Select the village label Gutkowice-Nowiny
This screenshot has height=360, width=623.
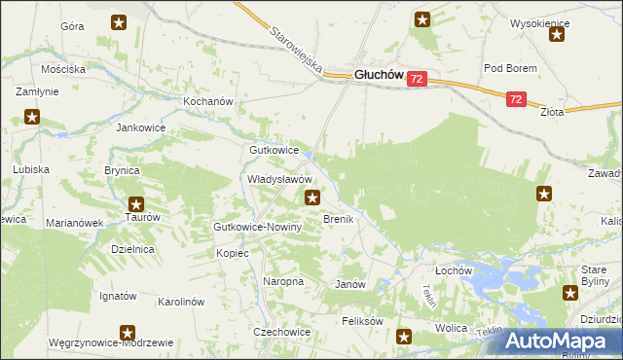pyautogui.click(x=258, y=227)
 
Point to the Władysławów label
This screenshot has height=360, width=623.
pyautogui.click(x=278, y=180)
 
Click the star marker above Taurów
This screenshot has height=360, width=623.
pyautogui.click(x=136, y=204)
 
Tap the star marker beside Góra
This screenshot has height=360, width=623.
pyautogui.click(x=119, y=21)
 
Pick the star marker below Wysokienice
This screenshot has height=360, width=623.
pyautogui.click(x=557, y=35)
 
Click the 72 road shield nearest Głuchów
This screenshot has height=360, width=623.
pyautogui.click(x=417, y=79)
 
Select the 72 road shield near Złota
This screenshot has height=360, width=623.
pyautogui.click(x=516, y=98)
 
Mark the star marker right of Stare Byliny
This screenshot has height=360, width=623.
pyautogui.click(x=572, y=292)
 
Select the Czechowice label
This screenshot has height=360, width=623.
pyautogui.click(x=281, y=331)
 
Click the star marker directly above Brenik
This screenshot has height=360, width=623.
pyautogui.click(x=312, y=198)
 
